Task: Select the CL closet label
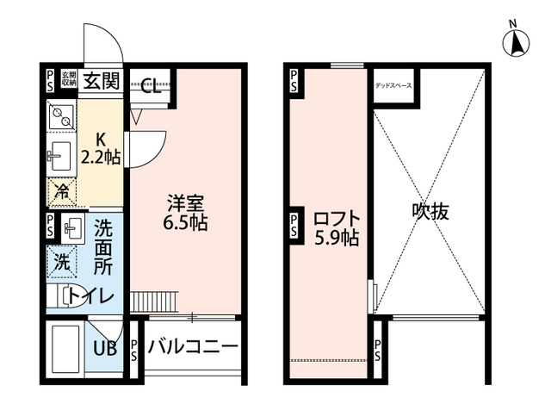(x=149, y=84)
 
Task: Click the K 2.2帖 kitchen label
(x=101, y=147)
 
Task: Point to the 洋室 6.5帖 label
(x=186, y=212)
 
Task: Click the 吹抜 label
(x=430, y=212)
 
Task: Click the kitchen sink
(x=59, y=156)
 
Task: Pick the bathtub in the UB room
(x=65, y=345)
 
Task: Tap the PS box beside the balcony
(x=134, y=351)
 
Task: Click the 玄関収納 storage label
(x=69, y=81)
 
